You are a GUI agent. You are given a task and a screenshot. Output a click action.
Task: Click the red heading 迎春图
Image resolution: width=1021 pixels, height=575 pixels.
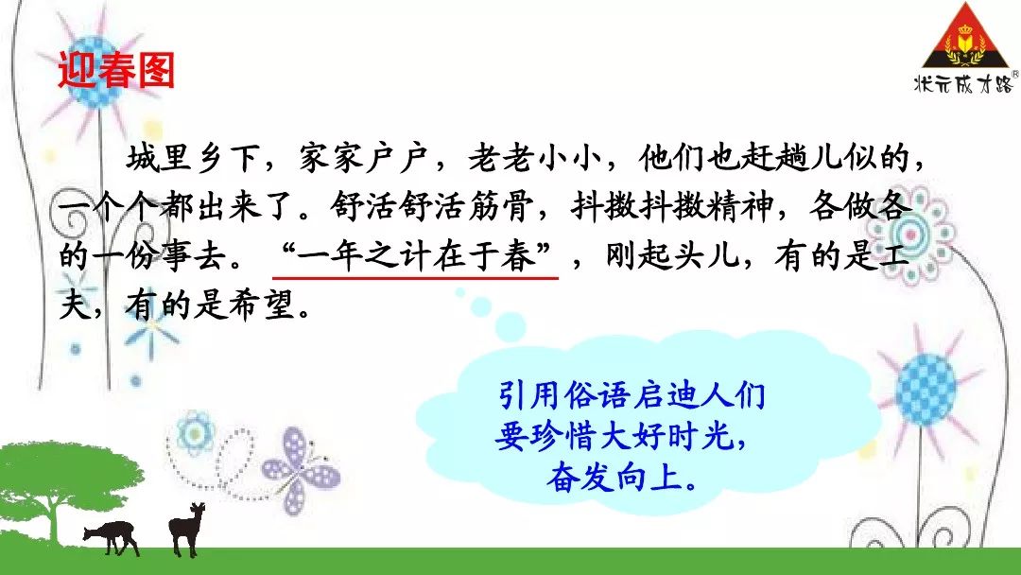(x=116, y=70)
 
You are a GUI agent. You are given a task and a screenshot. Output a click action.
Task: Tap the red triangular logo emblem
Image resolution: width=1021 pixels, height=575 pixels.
(x=965, y=36)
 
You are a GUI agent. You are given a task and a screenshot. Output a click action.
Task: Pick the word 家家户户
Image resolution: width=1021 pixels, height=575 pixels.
(x=363, y=159)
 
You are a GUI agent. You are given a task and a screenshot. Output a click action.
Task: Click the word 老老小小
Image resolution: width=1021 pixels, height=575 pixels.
(x=534, y=159)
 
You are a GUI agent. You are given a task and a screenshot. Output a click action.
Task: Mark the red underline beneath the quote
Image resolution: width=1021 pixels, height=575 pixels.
(x=415, y=278)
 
